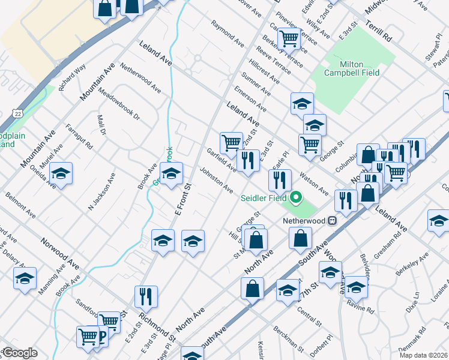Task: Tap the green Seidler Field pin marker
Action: [295, 197]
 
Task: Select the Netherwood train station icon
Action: [331, 220]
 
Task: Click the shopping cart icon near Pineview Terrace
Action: [289, 38]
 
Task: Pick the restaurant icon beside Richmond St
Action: [146, 296]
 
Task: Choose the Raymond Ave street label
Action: [228, 34]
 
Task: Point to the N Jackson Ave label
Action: [101, 192]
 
